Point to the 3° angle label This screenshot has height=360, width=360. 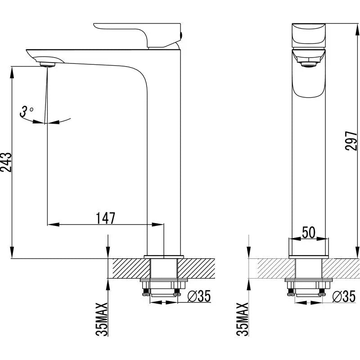tap(27, 111)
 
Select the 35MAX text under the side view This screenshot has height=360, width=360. tap(103, 319)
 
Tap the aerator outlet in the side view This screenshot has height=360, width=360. tap(47, 63)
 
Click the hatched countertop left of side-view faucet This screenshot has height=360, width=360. tap(128, 269)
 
